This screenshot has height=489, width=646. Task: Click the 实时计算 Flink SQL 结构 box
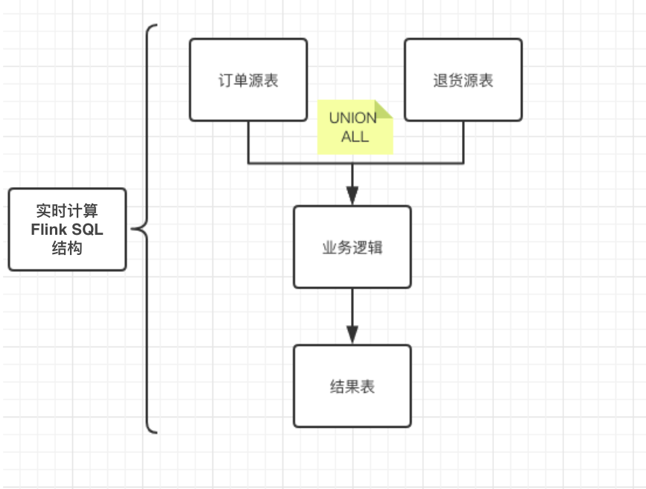(67, 229)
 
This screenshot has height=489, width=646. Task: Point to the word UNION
(353, 119)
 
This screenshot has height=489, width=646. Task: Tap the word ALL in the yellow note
(355, 136)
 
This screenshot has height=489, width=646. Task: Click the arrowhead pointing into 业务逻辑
(352, 196)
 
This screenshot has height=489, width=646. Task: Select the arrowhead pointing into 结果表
(352, 335)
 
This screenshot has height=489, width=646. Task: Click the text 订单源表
(248, 81)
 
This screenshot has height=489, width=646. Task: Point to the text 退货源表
(463, 81)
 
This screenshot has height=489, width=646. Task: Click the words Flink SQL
(67, 230)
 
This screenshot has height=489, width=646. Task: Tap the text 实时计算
(67, 211)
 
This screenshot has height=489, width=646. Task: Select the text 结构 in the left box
(67, 248)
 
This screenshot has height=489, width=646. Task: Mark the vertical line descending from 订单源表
(248, 142)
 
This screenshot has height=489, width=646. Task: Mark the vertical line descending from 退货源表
(463, 142)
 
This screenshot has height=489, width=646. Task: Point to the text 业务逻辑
(352, 247)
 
